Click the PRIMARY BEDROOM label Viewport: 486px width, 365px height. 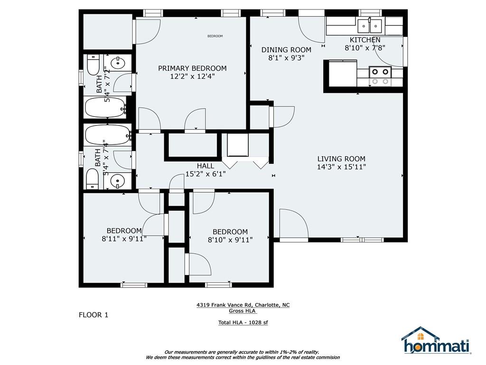[192, 68]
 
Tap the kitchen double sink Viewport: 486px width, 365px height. [369, 26]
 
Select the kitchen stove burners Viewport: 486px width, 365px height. [380, 76]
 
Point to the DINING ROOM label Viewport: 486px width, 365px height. [286, 49]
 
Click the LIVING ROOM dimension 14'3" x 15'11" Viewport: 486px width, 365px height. [341, 167]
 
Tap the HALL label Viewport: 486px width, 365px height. [206, 166]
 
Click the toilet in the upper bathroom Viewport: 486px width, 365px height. [93, 65]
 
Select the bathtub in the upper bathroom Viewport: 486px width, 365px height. [106, 107]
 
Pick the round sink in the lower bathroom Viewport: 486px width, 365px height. [118, 180]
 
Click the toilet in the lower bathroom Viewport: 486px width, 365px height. [92, 179]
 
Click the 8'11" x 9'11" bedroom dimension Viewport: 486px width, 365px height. [124, 239]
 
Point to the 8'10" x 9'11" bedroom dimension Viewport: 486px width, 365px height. [230, 240]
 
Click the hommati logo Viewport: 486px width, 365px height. [437, 340]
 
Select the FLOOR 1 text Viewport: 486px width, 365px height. [93, 315]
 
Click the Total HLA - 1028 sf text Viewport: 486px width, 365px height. [243, 323]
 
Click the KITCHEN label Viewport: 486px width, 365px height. [365, 40]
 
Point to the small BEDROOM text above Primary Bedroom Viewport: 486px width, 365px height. [215, 36]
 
